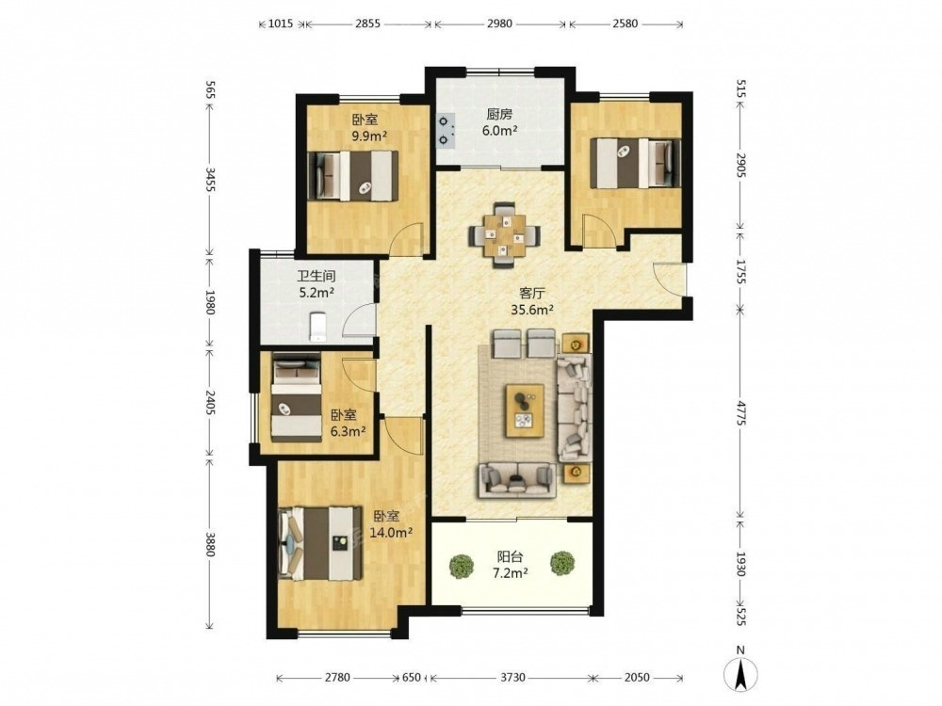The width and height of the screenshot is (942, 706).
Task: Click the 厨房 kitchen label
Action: (x=499, y=114)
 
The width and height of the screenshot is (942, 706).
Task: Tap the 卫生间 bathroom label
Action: (x=316, y=277)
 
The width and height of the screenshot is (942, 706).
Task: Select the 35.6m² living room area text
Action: (x=531, y=310)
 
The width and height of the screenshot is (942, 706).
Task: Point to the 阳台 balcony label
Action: (x=510, y=557)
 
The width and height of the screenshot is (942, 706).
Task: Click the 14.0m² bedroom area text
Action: (x=391, y=532)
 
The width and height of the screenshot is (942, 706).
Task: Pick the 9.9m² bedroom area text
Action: (x=369, y=136)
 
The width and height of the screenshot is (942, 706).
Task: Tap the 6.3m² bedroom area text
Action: (x=349, y=431)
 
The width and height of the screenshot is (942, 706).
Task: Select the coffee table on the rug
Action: (x=525, y=410)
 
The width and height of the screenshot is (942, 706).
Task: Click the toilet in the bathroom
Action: (x=317, y=327)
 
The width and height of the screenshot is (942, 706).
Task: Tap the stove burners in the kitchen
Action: (x=446, y=131)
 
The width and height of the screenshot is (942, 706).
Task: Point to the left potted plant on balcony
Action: (x=461, y=566)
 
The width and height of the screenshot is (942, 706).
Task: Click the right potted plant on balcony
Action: (x=562, y=563)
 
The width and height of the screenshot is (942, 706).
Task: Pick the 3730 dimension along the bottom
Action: (x=512, y=678)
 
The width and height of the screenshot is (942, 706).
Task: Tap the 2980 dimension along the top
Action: (x=500, y=24)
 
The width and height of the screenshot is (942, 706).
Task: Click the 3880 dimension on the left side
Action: (x=210, y=543)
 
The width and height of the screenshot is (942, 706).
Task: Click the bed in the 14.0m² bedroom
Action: (x=321, y=544)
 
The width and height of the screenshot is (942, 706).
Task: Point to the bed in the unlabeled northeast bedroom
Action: (x=635, y=163)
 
